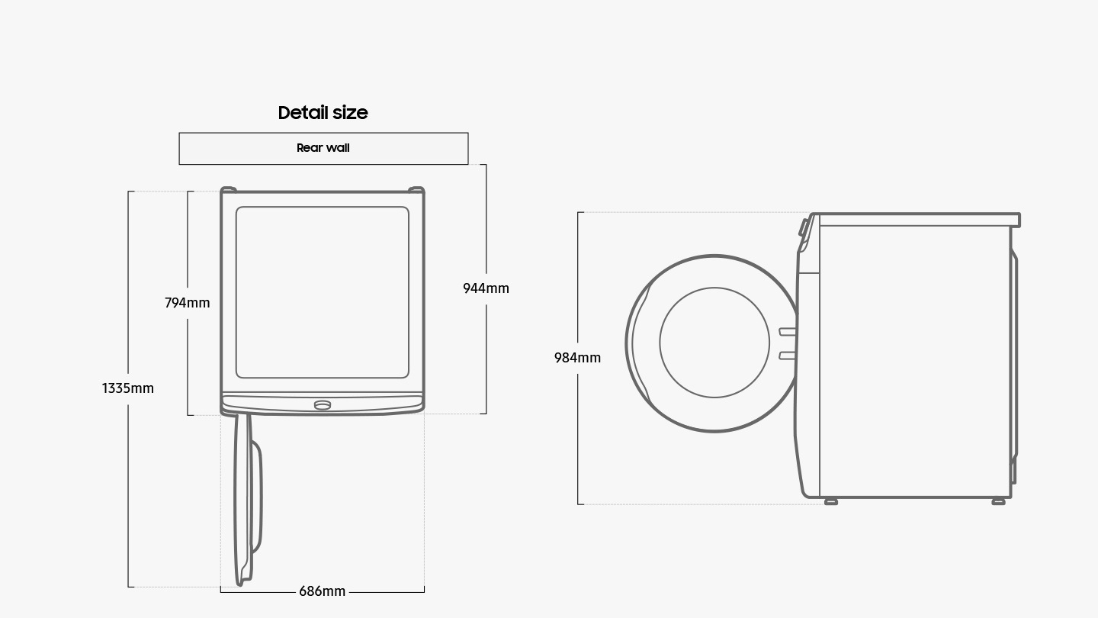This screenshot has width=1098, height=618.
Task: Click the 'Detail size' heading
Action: click(x=323, y=113)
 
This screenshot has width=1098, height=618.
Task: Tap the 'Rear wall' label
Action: click(x=323, y=148)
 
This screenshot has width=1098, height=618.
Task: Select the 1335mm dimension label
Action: click(x=128, y=388)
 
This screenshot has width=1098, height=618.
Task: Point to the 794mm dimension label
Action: click(x=188, y=303)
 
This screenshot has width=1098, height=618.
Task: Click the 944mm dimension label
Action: click(x=486, y=288)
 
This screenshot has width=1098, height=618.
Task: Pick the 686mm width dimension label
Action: click(x=322, y=591)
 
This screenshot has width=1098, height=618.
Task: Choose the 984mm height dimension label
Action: click(x=577, y=358)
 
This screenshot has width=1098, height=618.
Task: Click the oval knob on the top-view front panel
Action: click(x=323, y=405)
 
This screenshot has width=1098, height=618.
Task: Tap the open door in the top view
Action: click(x=247, y=499)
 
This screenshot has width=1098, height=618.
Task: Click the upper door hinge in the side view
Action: click(x=787, y=332)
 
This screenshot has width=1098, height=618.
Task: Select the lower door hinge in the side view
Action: click(x=787, y=356)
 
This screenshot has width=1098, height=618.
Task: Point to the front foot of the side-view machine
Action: click(x=831, y=502)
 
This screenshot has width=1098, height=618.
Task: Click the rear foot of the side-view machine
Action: click(x=999, y=502)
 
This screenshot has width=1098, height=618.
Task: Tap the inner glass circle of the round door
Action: click(x=714, y=343)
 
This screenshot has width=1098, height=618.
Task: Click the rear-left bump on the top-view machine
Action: click(x=229, y=189)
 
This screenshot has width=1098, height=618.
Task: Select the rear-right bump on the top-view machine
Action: click(x=416, y=189)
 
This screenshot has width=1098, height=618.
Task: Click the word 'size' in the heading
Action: click(x=350, y=113)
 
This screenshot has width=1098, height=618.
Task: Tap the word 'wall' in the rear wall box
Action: click(x=338, y=148)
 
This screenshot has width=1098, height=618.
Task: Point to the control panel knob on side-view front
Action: click(x=804, y=227)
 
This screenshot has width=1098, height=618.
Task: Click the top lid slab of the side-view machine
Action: click(x=917, y=220)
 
